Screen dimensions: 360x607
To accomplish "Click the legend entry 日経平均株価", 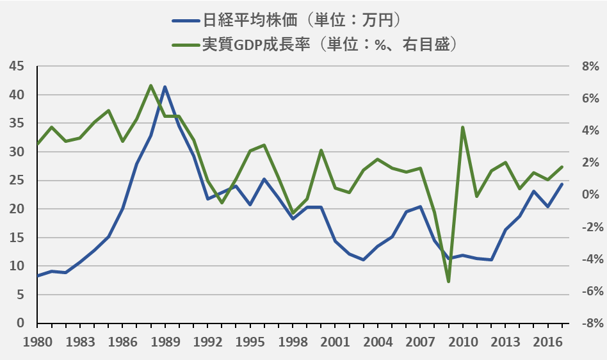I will tap(250, 19).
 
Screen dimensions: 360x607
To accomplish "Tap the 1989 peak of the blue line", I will tap(165, 86).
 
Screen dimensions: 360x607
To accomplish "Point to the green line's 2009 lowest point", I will tap(448, 281).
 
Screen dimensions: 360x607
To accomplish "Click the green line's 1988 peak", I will tap(150, 85).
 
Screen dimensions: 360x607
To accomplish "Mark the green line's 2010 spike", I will tap(462, 127).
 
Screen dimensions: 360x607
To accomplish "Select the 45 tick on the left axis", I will tap(17, 67).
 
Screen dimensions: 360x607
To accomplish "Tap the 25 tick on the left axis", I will tap(17, 181).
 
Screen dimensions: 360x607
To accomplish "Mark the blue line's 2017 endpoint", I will tap(562, 184).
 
